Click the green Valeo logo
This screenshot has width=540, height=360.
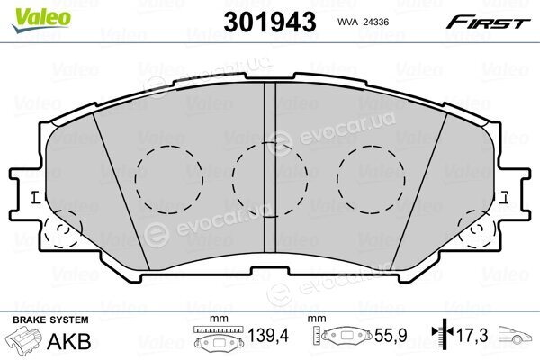41,20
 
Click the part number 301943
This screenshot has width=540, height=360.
270,22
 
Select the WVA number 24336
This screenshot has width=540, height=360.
375,22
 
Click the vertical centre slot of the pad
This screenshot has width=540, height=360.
270,167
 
